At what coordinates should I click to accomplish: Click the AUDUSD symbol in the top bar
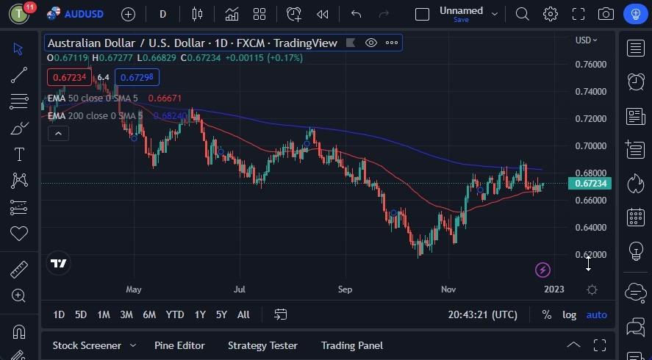click(x=82, y=14)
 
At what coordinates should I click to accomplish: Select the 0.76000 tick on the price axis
click(x=591, y=65)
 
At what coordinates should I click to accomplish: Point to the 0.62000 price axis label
click(x=591, y=255)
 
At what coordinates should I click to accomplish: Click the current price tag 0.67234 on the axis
click(x=590, y=183)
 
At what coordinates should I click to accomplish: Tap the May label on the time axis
click(x=133, y=289)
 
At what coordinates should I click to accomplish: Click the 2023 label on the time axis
click(x=554, y=289)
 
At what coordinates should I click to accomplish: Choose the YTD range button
click(x=174, y=314)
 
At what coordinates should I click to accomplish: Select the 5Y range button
click(x=221, y=314)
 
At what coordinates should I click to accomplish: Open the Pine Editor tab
click(x=179, y=345)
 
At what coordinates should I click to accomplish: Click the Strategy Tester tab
click(x=262, y=345)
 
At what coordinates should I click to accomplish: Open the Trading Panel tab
click(x=351, y=345)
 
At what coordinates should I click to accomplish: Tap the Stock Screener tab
click(x=86, y=345)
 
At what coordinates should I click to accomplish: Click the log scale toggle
click(x=570, y=314)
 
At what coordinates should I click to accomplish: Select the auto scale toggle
click(x=596, y=314)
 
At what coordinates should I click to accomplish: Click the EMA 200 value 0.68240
click(x=169, y=115)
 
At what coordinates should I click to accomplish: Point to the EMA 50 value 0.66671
click(x=165, y=98)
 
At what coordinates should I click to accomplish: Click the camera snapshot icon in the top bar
click(x=606, y=14)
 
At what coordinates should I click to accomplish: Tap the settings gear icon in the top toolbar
click(x=551, y=14)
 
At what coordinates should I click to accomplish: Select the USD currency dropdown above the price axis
click(x=586, y=40)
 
